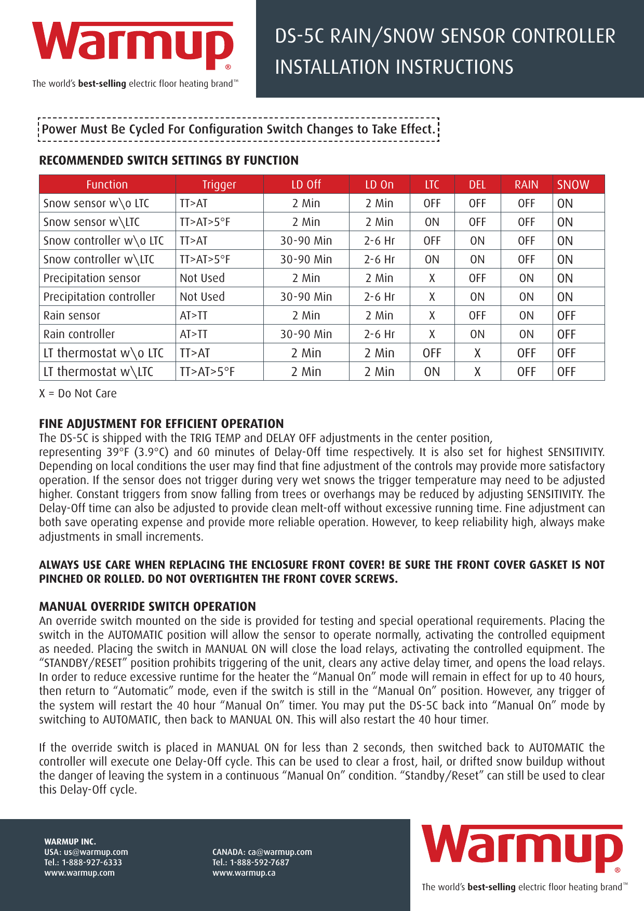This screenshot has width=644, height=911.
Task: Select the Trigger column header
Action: (x=219, y=184)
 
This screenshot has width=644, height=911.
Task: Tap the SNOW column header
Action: (x=573, y=184)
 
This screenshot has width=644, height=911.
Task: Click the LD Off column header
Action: (x=306, y=184)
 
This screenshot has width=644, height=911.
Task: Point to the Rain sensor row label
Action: (x=72, y=315)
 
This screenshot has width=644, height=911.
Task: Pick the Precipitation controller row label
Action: (x=99, y=297)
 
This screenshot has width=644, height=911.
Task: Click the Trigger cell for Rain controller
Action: (x=194, y=334)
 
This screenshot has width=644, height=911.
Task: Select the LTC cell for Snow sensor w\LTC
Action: (x=432, y=222)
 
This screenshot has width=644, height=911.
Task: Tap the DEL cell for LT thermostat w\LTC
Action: (x=477, y=371)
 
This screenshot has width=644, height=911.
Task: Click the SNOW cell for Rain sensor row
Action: (x=566, y=315)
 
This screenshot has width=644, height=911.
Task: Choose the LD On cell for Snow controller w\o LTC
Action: (x=379, y=240)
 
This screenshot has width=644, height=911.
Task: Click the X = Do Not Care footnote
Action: (x=78, y=393)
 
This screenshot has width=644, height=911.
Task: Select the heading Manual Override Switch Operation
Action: (x=147, y=606)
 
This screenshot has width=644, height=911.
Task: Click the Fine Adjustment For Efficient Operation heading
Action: (x=162, y=423)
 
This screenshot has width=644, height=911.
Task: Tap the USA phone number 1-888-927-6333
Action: (x=92, y=862)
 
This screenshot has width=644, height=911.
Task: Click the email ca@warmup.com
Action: (x=280, y=852)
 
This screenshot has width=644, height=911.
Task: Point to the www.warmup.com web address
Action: (x=79, y=873)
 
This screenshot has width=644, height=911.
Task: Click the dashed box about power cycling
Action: (x=238, y=129)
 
